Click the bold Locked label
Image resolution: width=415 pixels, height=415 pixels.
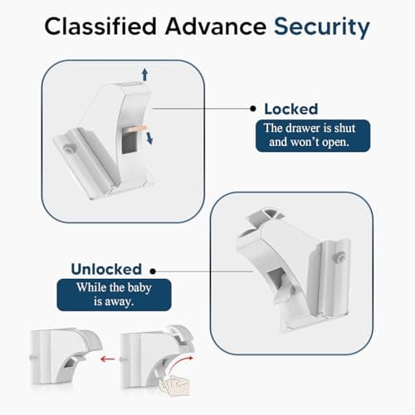click(290, 109)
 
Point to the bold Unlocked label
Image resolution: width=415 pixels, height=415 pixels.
click(105, 269)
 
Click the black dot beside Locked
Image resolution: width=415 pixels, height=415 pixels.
click(252, 109)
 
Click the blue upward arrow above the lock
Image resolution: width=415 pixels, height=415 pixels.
click(145, 75)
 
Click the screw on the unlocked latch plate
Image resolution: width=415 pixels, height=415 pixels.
click(339, 259)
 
